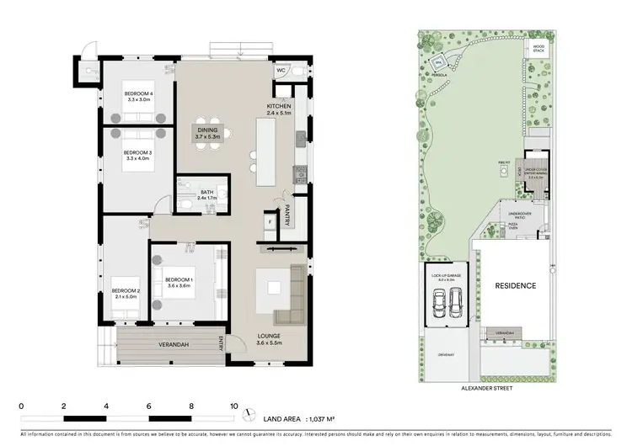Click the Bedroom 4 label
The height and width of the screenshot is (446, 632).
point(139,96)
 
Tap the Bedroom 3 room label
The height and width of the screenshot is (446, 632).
point(139,155)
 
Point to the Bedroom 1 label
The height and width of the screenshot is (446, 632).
point(179,282)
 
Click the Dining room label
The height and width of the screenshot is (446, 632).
point(207,133)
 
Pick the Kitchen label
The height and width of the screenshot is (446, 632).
point(279,109)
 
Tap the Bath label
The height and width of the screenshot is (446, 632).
point(206,194)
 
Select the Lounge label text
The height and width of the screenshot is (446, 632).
point(269,339)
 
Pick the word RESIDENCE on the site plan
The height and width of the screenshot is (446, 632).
point(515,286)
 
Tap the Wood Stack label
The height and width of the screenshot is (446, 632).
point(538,49)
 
